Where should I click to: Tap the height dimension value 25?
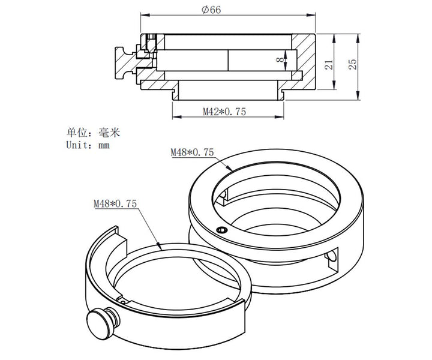tap(353, 64)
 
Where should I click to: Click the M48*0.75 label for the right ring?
tap(192, 152)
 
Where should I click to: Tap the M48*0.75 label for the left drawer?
tap(115, 204)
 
